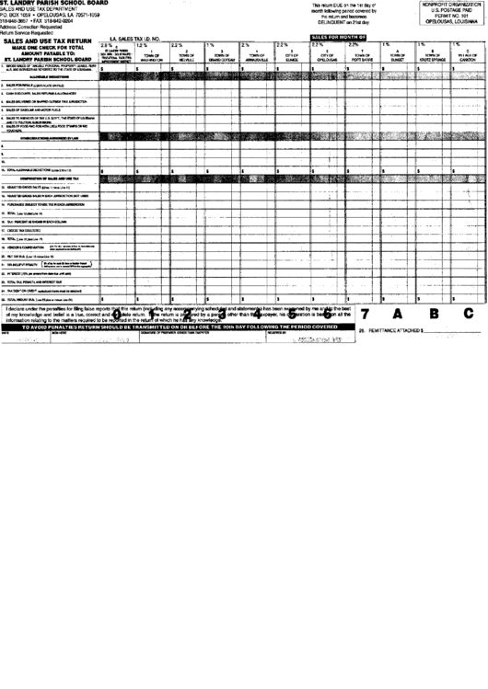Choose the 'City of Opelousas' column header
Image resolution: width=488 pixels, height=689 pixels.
(324, 55)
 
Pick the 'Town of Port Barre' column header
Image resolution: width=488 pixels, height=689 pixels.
(359, 55)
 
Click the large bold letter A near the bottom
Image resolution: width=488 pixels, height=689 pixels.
(399, 313)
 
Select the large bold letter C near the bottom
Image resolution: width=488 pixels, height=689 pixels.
(468, 313)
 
